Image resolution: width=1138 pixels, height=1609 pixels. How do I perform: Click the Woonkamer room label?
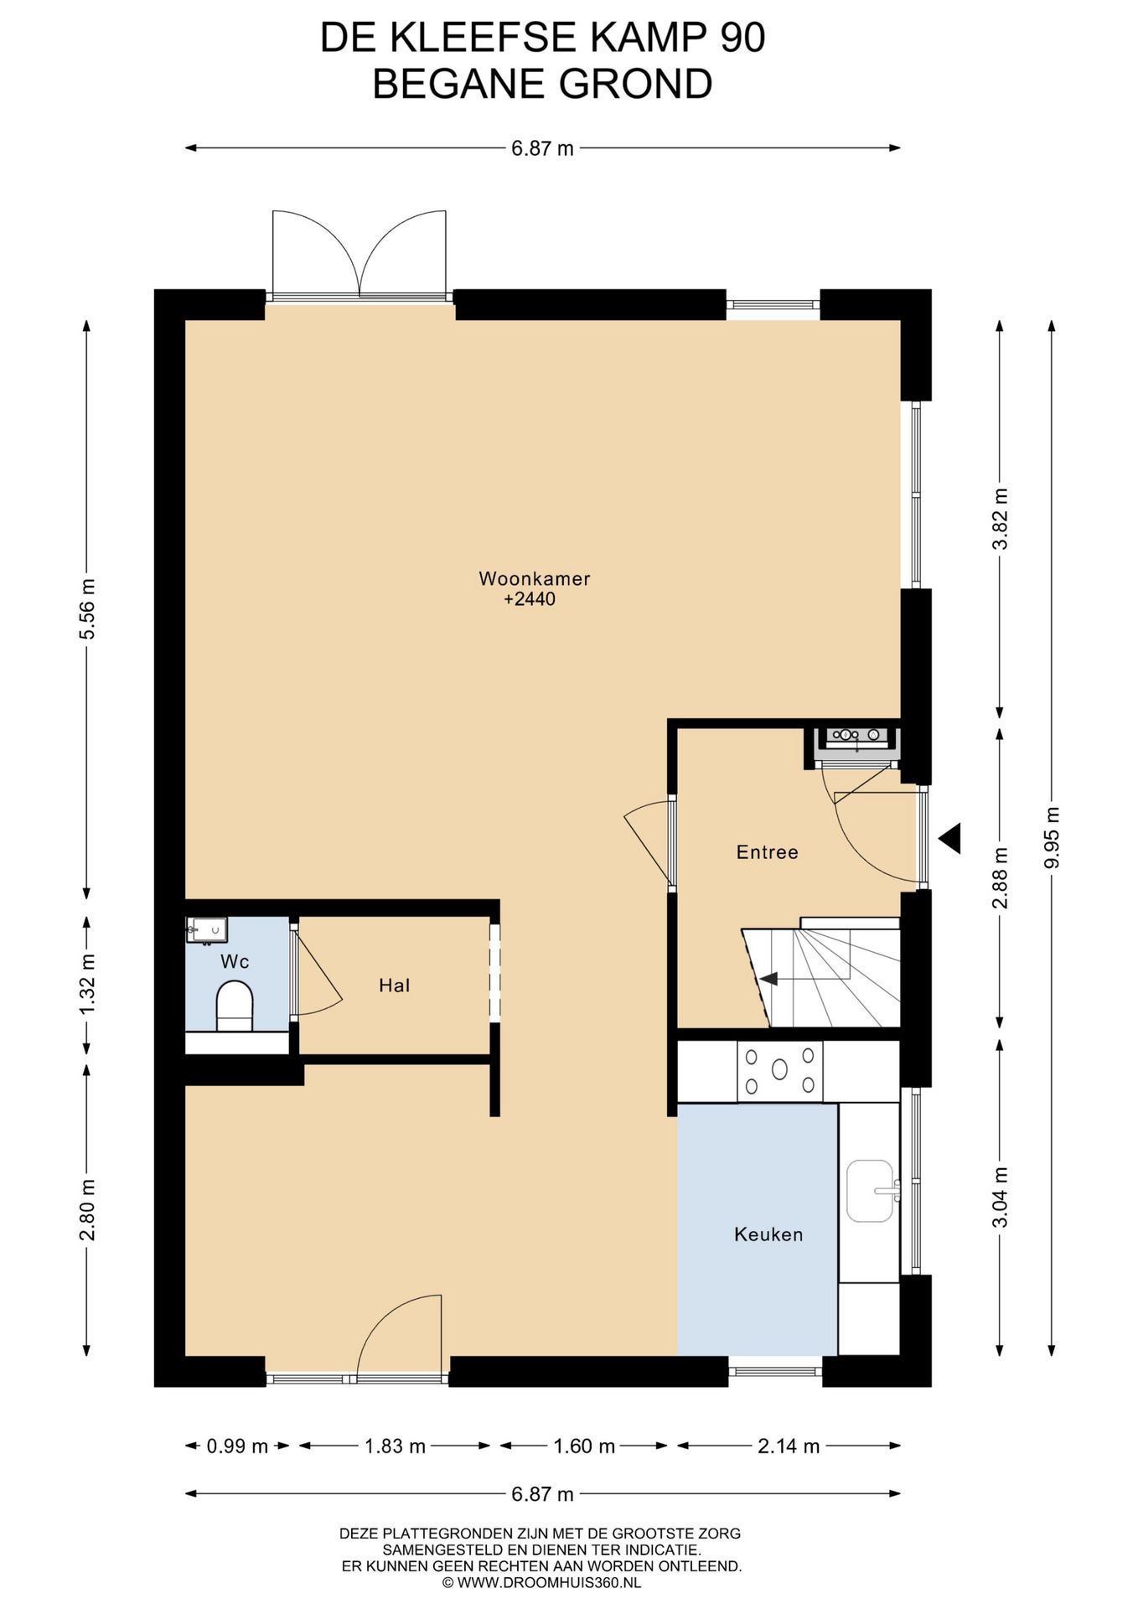point(535,578)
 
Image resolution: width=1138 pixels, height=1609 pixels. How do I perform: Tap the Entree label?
point(767,852)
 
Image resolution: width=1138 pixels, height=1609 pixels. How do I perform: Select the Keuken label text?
point(768,1234)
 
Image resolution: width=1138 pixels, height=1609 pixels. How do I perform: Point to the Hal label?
point(395,986)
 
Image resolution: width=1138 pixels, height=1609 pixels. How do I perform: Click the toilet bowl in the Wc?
point(235,1006)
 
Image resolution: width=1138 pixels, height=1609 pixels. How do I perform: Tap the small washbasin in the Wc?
point(207,929)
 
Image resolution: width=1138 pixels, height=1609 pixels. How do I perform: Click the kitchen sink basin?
point(870,1191)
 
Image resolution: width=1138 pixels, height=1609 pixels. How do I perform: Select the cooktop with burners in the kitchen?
point(780,1071)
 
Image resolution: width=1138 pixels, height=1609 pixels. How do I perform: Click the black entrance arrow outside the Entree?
point(949,838)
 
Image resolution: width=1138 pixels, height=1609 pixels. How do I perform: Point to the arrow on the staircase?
point(768,979)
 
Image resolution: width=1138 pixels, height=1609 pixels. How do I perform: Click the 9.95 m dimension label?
point(1053,837)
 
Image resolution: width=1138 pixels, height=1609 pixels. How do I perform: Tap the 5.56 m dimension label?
point(87,609)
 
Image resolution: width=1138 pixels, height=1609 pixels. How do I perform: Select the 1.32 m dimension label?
point(87,984)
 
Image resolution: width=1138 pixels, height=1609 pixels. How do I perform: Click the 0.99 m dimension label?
point(237,1446)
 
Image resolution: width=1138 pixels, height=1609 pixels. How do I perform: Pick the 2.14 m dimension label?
point(789,1446)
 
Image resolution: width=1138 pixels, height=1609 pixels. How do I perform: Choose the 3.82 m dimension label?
point(1000,519)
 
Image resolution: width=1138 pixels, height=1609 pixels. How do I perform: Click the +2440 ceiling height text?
point(530,599)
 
